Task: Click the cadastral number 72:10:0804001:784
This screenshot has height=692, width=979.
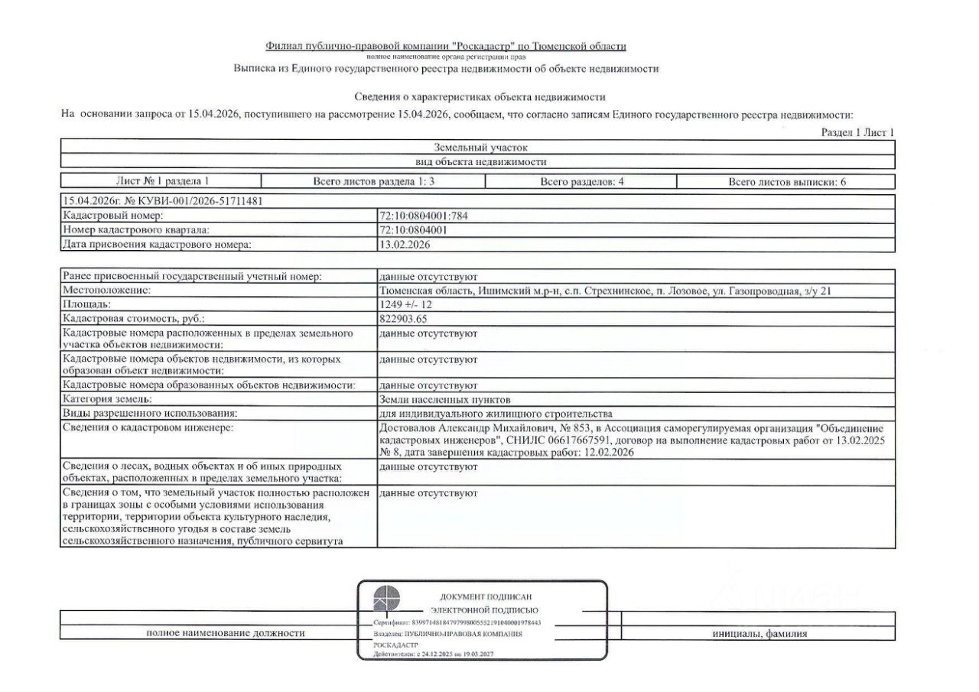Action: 423,216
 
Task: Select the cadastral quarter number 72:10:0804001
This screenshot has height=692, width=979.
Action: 413,230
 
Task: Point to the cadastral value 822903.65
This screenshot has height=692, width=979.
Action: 405,319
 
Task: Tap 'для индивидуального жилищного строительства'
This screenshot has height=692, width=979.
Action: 496,414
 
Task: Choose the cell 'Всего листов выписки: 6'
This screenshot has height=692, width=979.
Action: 786,182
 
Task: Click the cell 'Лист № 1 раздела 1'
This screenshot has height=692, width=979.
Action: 161,182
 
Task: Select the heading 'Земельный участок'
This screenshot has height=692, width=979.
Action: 480,147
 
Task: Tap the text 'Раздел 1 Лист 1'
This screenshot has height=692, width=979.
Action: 857,132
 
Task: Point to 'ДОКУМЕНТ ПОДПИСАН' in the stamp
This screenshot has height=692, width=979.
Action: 485,596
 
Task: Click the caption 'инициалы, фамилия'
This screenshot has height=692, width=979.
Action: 759,633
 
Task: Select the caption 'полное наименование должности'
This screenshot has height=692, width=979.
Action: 225,633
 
